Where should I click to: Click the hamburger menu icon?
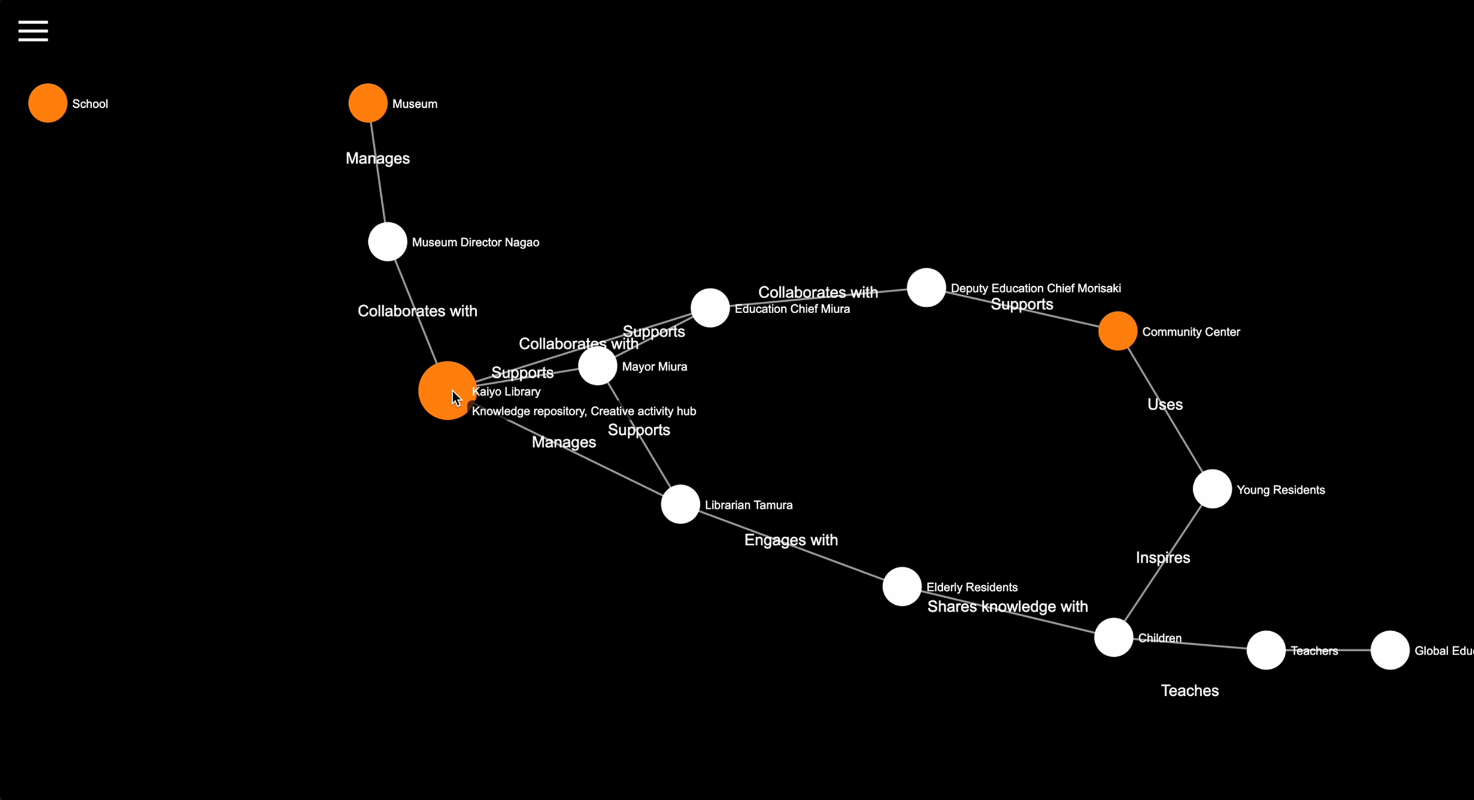pos(33,31)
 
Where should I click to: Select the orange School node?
pos(48,103)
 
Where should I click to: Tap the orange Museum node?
pos(368,103)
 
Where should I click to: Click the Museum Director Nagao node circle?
pos(387,242)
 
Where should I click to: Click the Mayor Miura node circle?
pos(598,366)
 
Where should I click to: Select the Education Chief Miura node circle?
pos(710,308)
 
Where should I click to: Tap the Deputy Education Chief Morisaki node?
pos(926,287)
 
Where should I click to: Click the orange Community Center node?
pos(1118,331)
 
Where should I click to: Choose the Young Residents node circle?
pos(1212,489)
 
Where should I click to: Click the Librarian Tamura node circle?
pos(680,504)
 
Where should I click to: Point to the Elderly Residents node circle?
pos(902,586)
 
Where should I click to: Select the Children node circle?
pos(1114,637)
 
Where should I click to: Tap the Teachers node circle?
pos(1266,650)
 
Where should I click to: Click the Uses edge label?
pos(1164,405)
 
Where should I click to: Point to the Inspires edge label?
pos(1163,558)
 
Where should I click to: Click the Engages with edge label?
pos(791,540)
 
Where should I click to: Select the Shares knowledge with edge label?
pos(1007,607)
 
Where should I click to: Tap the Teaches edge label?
pos(1190,691)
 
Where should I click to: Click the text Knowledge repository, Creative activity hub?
pos(584,411)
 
